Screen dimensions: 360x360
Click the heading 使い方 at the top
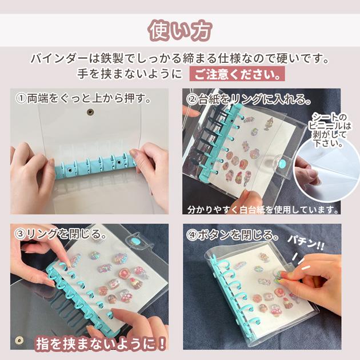[179, 30]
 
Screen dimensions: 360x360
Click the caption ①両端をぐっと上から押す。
[83, 98]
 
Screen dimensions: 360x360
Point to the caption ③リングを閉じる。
[60, 234]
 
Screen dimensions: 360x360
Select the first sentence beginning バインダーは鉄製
[180, 59]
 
